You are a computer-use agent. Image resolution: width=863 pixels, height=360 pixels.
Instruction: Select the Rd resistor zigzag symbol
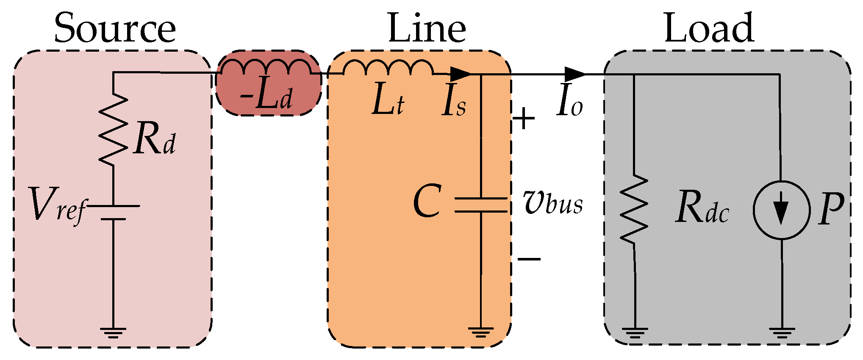113,129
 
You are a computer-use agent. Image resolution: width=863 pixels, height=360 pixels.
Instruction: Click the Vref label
57,205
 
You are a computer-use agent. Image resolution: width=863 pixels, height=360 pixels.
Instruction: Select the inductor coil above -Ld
266,67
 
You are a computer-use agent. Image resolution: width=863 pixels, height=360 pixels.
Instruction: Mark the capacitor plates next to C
480,205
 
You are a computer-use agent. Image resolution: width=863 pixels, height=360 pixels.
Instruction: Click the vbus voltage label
553,203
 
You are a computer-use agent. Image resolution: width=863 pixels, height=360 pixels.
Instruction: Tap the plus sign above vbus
524,118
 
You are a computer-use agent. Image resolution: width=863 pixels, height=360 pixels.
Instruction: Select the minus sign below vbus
529,259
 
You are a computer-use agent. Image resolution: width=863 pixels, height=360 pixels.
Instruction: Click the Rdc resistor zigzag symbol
634,208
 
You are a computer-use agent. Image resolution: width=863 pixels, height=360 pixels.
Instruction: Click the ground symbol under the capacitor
480,332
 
